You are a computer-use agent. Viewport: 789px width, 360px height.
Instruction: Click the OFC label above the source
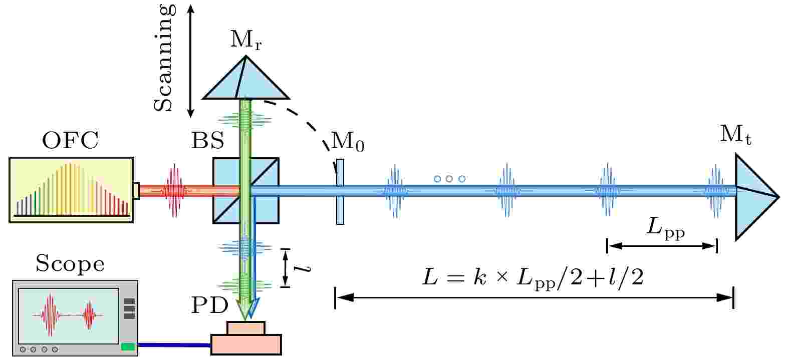70,141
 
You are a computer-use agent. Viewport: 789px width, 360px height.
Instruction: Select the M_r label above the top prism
246,40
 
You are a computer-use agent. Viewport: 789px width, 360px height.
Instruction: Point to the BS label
207,141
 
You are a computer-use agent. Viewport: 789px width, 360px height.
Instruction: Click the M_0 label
348,142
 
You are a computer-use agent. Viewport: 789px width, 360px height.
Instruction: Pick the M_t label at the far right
735,134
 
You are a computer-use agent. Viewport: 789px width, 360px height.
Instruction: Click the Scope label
70,264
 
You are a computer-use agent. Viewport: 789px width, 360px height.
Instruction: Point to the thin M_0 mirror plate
340,192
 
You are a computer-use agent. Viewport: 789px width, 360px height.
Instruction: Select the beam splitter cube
246,191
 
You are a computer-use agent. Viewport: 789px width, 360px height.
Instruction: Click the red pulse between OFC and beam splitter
174,191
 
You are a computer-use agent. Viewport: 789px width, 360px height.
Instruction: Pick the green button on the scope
128,347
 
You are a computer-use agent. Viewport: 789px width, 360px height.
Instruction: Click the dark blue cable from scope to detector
174,345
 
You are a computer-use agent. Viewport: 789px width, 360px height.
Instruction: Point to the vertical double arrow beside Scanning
190,61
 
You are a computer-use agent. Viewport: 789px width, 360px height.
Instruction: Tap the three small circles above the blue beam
449,179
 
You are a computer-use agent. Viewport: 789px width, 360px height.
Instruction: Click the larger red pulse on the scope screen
50,315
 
